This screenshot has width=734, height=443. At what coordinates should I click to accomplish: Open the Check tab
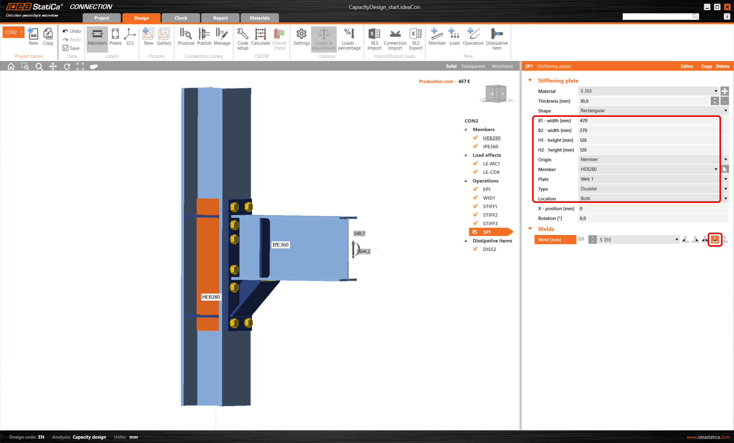tap(180, 18)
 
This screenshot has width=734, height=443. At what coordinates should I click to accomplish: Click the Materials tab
tap(260, 18)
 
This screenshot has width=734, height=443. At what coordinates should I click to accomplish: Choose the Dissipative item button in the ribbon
tap(497, 38)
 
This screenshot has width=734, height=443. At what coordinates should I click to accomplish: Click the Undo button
tap(72, 31)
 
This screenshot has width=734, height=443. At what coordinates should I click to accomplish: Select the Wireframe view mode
tap(502, 66)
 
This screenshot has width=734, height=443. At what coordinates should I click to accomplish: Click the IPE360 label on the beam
tap(280, 245)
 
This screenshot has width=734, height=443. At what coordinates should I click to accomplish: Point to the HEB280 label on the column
tap(211, 297)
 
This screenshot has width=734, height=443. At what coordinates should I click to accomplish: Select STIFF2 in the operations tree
tap(490, 215)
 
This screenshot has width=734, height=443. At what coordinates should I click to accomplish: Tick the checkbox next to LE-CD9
tap(476, 172)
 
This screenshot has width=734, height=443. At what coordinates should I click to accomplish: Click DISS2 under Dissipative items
tap(489, 249)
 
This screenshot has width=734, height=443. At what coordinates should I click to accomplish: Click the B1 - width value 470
tap(646, 121)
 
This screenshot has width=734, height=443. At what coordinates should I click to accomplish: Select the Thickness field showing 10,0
tap(644, 101)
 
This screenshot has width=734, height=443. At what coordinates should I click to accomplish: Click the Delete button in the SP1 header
tap(723, 66)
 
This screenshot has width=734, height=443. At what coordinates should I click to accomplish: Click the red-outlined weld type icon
tap(715, 239)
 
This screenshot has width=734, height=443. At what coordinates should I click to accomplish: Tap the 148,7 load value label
tap(359, 233)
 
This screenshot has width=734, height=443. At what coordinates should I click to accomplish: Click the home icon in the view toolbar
tap(11, 66)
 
